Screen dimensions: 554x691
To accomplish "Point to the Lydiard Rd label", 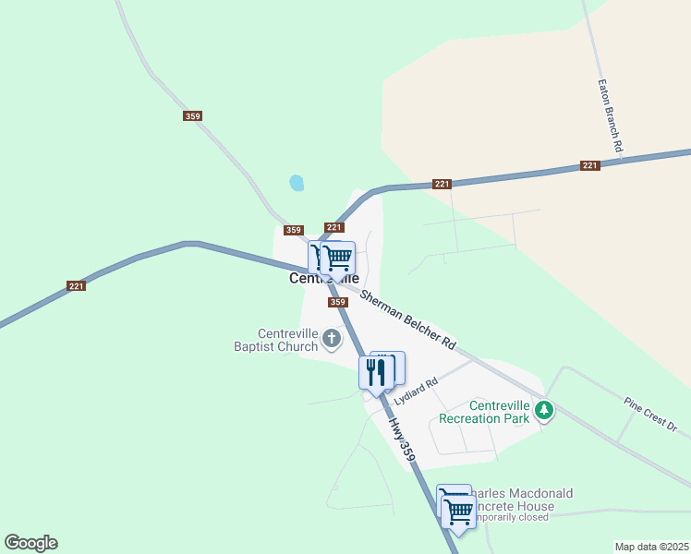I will click(x=414, y=389).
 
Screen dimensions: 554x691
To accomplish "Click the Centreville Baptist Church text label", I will click(x=288, y=340).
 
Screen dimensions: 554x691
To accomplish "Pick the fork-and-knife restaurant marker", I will click(x=376, y=373).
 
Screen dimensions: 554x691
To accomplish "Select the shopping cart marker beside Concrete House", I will click(x=457, y=511).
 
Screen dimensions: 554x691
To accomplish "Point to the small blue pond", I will click(x=297, y=183).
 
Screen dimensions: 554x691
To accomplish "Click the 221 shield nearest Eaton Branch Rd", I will click(x=590, y=165).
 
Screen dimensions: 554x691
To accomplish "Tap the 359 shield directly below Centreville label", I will click(x=337, y=302).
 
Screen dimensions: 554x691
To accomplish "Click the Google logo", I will click(x=30, y=543).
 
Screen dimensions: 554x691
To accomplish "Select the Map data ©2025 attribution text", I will click(x=651, y=547).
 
